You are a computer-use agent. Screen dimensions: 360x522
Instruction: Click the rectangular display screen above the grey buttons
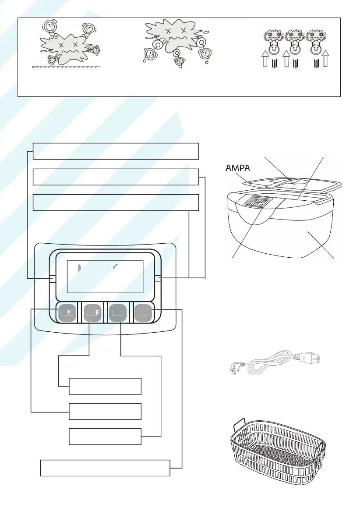105,276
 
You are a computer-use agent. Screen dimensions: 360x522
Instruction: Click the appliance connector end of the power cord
314,357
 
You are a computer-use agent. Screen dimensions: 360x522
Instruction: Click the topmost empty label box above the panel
116,151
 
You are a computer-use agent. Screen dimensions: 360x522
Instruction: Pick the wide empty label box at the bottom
105,468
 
